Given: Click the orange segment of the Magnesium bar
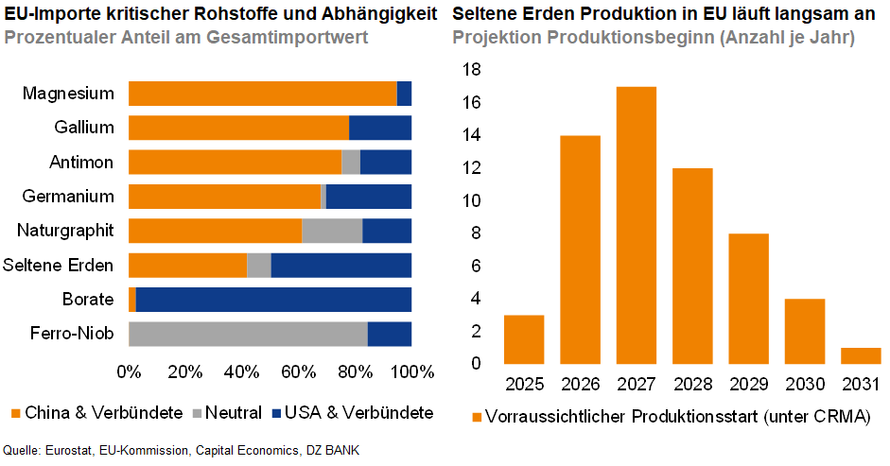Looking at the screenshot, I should click(262, 94).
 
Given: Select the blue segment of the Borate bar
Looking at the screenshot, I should click(273, 300).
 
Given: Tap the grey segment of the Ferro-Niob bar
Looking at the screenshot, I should click(248, 334).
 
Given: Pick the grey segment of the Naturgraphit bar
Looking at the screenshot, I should click(332, 231).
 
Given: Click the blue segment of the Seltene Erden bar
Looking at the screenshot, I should click(340, 266).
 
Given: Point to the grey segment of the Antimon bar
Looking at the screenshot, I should click(351, 163).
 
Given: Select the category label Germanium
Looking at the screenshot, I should click(68, 197).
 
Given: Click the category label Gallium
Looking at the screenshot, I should click(84, 128).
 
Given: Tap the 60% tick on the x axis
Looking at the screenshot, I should click(299, 370).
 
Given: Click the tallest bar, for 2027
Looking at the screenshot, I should click(636, 225).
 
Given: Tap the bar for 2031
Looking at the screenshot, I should click(861, 355).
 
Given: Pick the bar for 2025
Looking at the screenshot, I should click(523, 339).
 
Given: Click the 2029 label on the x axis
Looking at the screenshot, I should click(748, 385).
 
